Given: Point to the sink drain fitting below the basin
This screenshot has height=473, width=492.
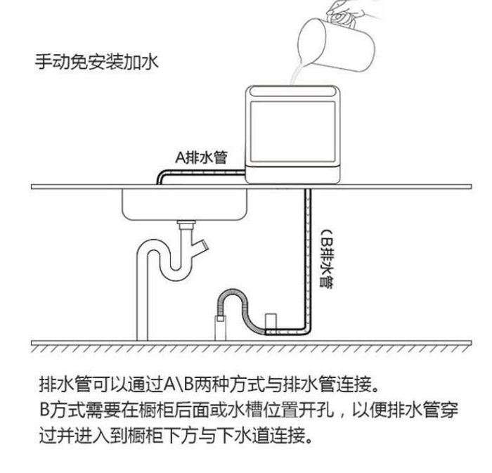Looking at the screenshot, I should pyautogui.click(x=186, y=226).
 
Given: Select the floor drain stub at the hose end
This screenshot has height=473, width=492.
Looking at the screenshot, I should pyautogui.click(x=220, y=328).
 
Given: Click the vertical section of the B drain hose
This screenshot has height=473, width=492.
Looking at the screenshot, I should pyautogui.click(x=307, y=260).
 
